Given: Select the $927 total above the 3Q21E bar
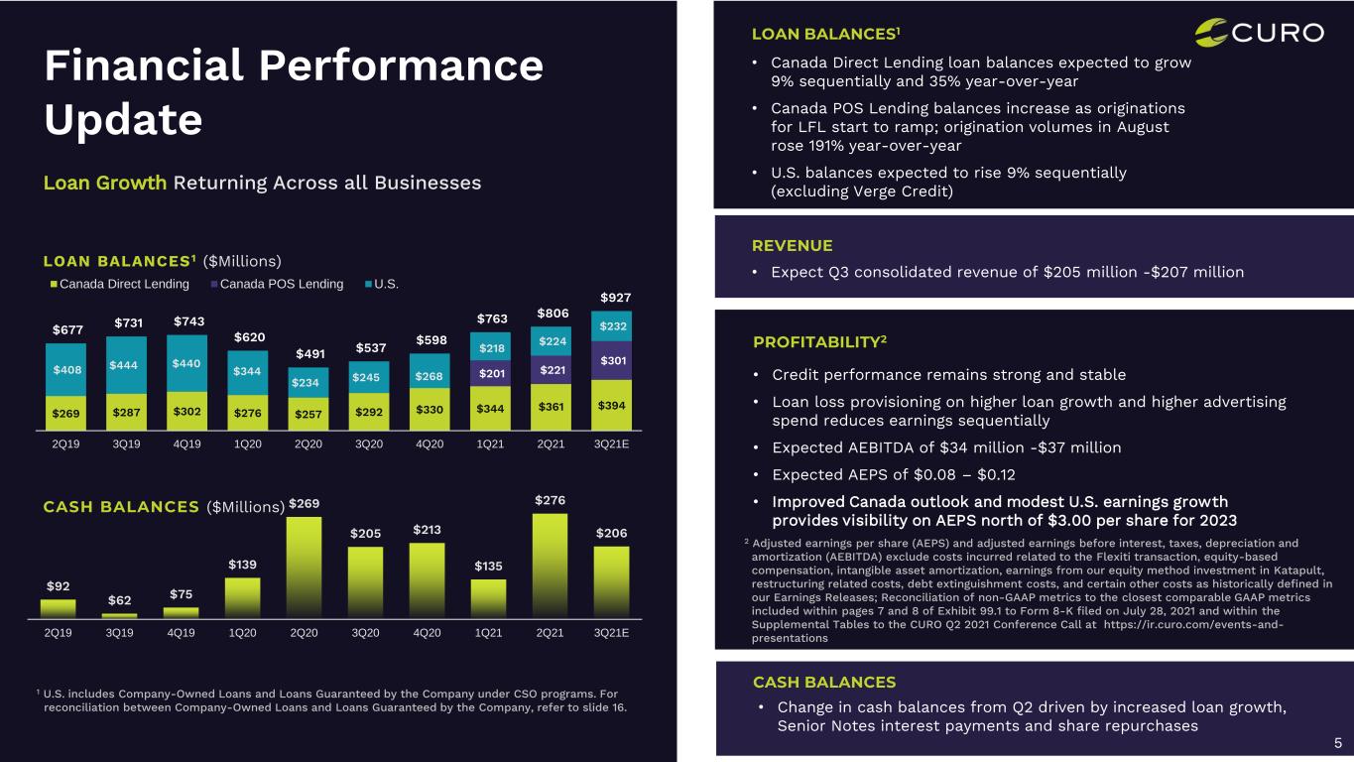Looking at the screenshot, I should click(x=615, y=298).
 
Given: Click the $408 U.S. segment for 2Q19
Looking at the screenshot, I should click(x=65, y=369).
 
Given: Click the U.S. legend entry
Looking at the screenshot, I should click(x=395, y=285).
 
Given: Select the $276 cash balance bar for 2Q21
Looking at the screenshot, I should click(x=549, y=566).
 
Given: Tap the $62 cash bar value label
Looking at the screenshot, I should click(x=119, y=601).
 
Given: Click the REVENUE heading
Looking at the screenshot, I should click(x=793, y=245).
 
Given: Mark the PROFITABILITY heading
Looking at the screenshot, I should click(x=819, y=343).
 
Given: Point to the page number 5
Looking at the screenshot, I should click(x=1337, y=743).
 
